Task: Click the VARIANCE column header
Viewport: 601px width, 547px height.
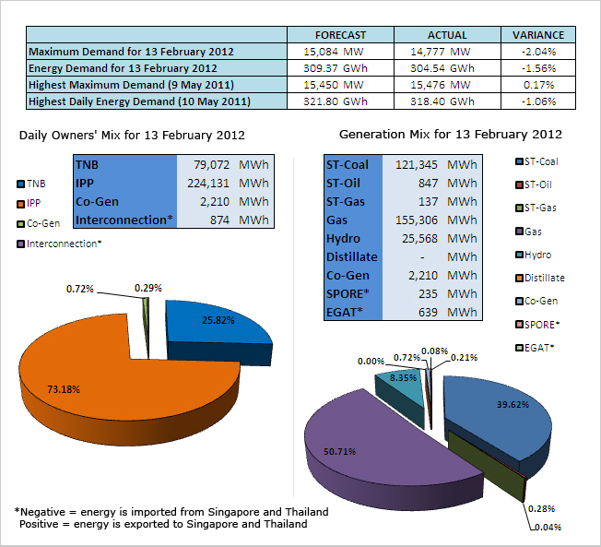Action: click(x=538, y=35)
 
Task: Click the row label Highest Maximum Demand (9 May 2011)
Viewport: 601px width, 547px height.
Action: click(x=131, y=85)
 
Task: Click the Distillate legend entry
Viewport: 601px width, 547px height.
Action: click(x=544, y=278)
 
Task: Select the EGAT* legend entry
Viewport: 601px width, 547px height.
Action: click(x=538, y=347)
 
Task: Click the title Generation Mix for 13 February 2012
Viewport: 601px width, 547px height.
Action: click(x=450, y=135)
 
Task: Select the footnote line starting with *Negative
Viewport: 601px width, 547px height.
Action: click(x=171, y=512)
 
